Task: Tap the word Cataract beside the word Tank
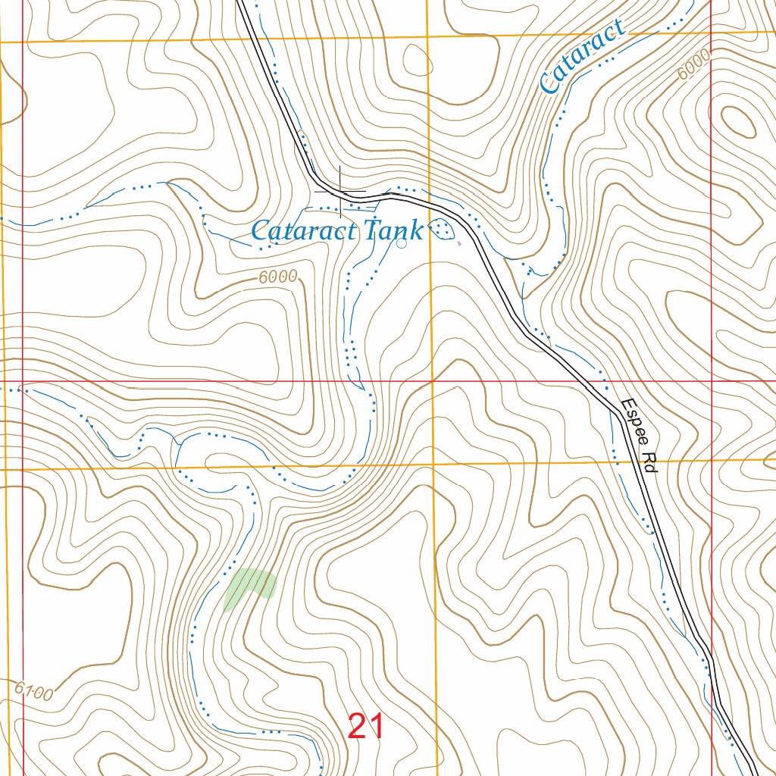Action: point(303,230)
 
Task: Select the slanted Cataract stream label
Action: point(582,58)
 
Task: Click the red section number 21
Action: point(366,726)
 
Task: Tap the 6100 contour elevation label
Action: point(34,691)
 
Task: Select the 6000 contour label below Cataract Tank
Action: point(277,277)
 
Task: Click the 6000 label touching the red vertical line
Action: point(695,64)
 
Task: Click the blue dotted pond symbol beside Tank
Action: point(442,228)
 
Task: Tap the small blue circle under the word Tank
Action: point(401,243)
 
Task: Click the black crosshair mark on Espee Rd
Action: point(340,192)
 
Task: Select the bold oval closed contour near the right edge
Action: point(737,120)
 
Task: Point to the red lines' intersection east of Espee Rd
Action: point(712,381)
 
